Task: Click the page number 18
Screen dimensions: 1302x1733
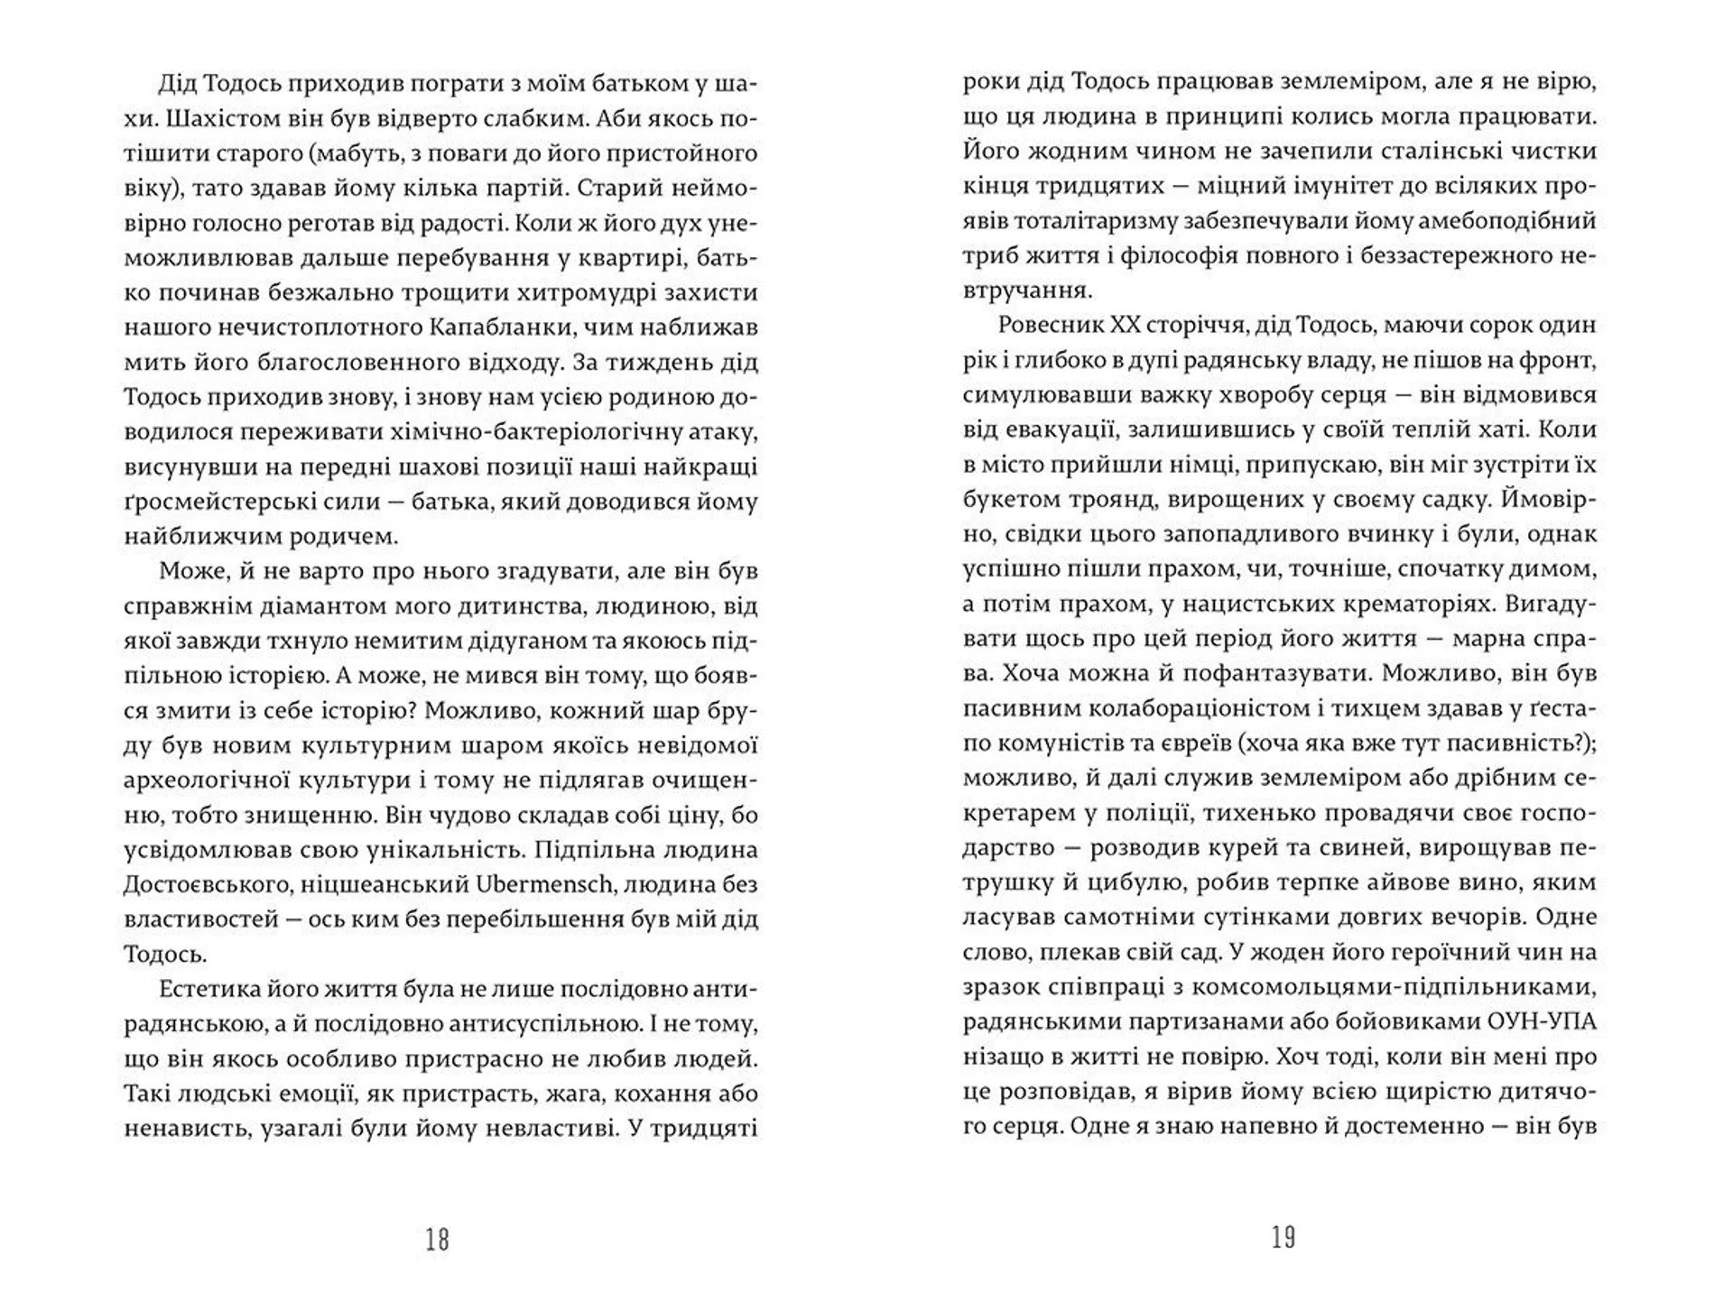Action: point(437,1240)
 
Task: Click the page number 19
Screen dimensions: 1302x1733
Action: point(1284,1238)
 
